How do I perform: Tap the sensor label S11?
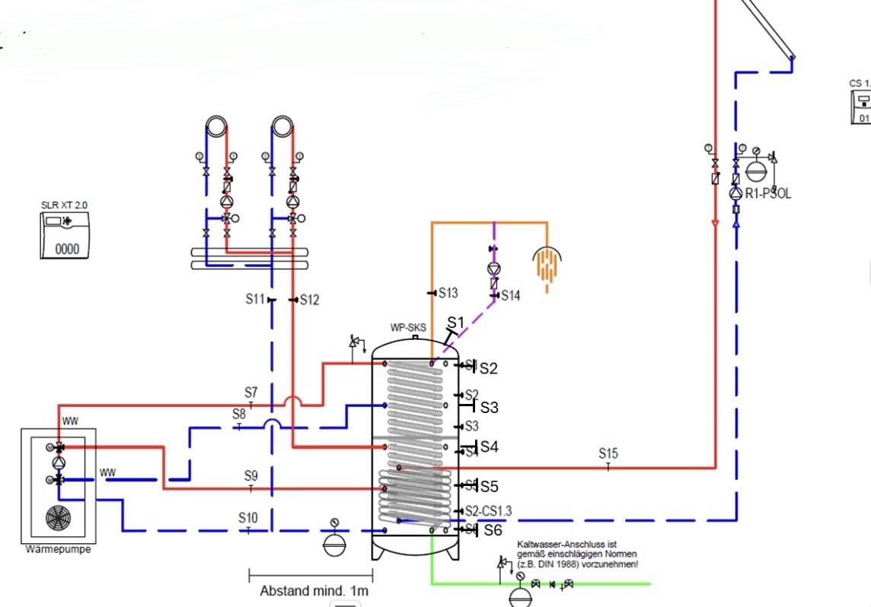tap(254, 300)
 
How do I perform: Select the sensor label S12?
tap(309, 300)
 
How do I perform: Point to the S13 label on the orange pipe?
tap(448, 293)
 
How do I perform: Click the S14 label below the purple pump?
tap(510, 296)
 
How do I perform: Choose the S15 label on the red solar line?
tap(608, 454)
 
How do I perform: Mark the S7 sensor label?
tap(250, 392)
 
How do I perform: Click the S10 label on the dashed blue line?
tap(248, 518)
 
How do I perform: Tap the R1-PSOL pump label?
tap(767, 194)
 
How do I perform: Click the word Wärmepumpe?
tap(58, 549)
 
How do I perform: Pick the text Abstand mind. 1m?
tap(314, 590)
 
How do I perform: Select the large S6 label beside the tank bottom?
tap(493, 531)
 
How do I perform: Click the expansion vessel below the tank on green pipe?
tap(520, 593)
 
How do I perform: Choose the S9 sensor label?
tap(250, 476)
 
